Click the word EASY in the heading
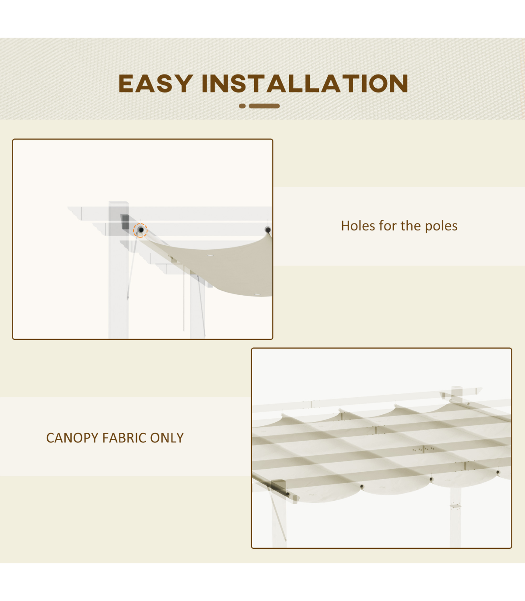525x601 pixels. [x=156, y=83]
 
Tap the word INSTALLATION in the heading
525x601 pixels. [x=305, y=83]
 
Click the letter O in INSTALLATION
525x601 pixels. [x=379, y=83]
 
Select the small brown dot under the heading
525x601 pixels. [x=242, y=106]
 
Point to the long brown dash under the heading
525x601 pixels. [x=264, y=106]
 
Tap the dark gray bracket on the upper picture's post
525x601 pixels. [x=125, y=222]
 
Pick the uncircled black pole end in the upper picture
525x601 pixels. [x=268, y=230]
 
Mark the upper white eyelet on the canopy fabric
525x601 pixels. [x=210, y=255]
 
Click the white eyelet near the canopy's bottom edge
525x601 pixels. [x=257, y=294]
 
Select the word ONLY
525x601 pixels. [x=167, y=438]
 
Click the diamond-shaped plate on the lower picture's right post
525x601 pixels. [x=455, y=506]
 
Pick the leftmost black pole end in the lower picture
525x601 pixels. [x=288, y=495]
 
